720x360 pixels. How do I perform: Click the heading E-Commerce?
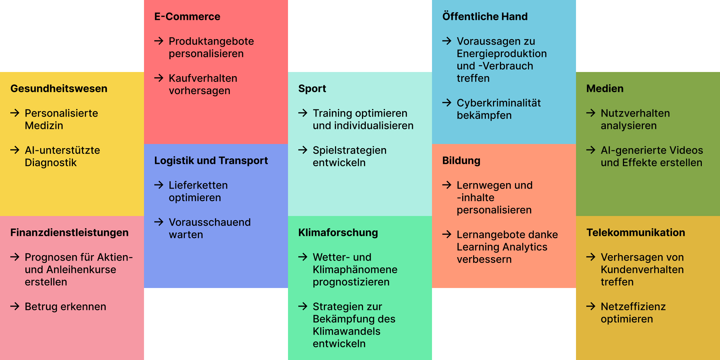[x=187, y=16]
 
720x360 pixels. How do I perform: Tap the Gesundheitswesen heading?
[x=59, y=88]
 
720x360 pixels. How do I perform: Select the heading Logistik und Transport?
[x=211, y=160]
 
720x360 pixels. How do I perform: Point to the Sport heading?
[x=312, y=88]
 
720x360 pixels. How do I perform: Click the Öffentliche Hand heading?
[x=485, y=16]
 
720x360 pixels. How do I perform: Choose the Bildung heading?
[x=461, y=160]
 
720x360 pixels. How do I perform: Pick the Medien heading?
[x=605, y=88]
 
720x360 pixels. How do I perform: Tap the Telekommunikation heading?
[x=636, y=232]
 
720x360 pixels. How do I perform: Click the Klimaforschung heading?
[x=338, y=232]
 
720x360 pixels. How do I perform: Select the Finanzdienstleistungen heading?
[x=69, y=232]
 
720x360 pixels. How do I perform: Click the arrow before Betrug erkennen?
[x=15, y=306]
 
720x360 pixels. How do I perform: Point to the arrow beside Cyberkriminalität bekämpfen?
[x=447, y=103]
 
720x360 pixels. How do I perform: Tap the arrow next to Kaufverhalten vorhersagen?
[x=159, y=78]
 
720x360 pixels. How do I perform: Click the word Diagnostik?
[x=51, y=163]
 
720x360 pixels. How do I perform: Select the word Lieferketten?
[x=198, y=185]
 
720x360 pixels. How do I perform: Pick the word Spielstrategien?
[x=349, y=150]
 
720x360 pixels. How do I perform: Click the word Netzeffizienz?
[x=633, y=307]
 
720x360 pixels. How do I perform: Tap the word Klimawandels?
[x=346, y=331]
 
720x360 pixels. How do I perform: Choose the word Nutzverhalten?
[x=635, y=113]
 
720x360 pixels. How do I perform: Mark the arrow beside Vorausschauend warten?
[x=159, y=222]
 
